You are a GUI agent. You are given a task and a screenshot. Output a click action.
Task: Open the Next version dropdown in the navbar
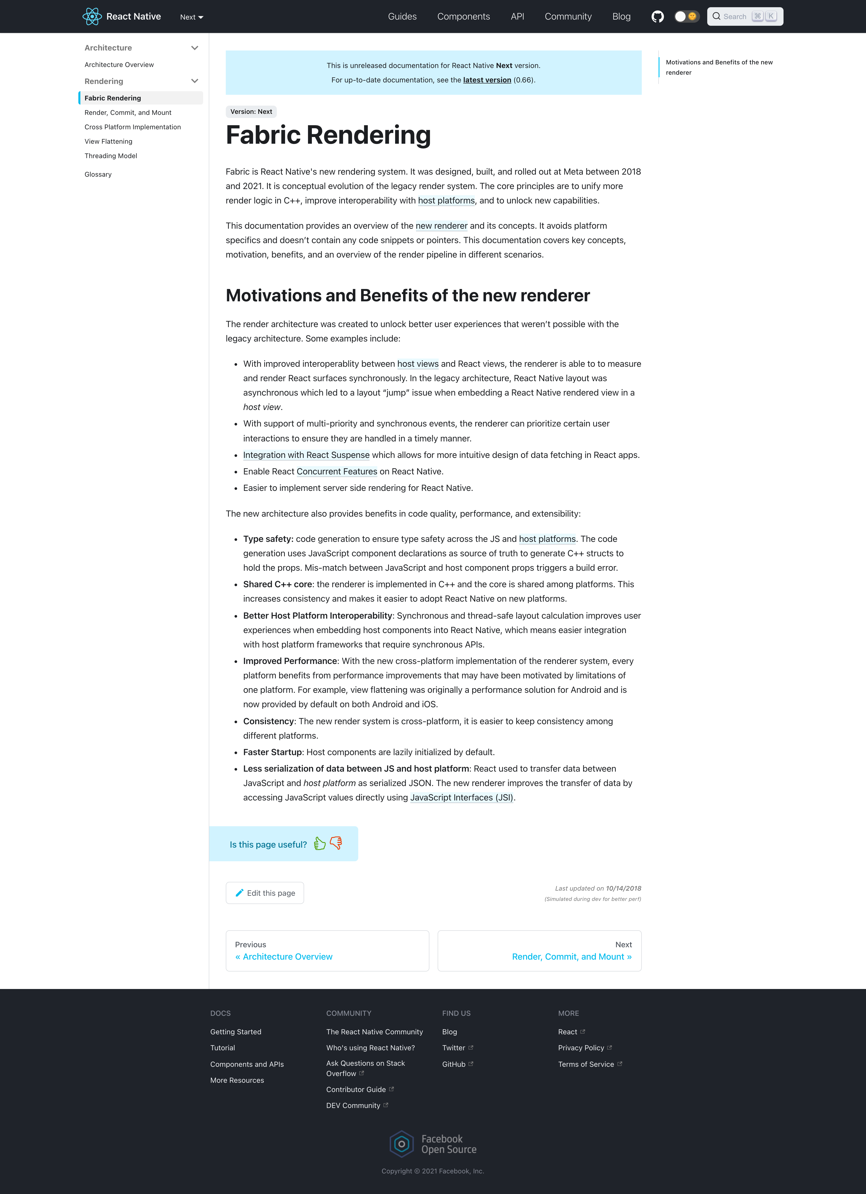point(191,17)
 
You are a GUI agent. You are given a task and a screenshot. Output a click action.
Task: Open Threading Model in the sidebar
point(111,156)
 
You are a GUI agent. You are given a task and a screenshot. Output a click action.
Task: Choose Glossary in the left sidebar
point(98,174)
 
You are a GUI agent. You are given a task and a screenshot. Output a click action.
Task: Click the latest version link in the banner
point(487,80)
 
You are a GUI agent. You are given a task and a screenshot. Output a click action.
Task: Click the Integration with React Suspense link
point(306,455)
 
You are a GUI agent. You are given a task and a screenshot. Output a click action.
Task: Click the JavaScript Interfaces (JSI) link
point(461,798)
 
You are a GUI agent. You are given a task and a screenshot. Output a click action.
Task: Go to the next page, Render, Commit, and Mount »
point(572,957)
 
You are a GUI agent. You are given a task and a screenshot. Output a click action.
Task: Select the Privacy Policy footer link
point(581,1048)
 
